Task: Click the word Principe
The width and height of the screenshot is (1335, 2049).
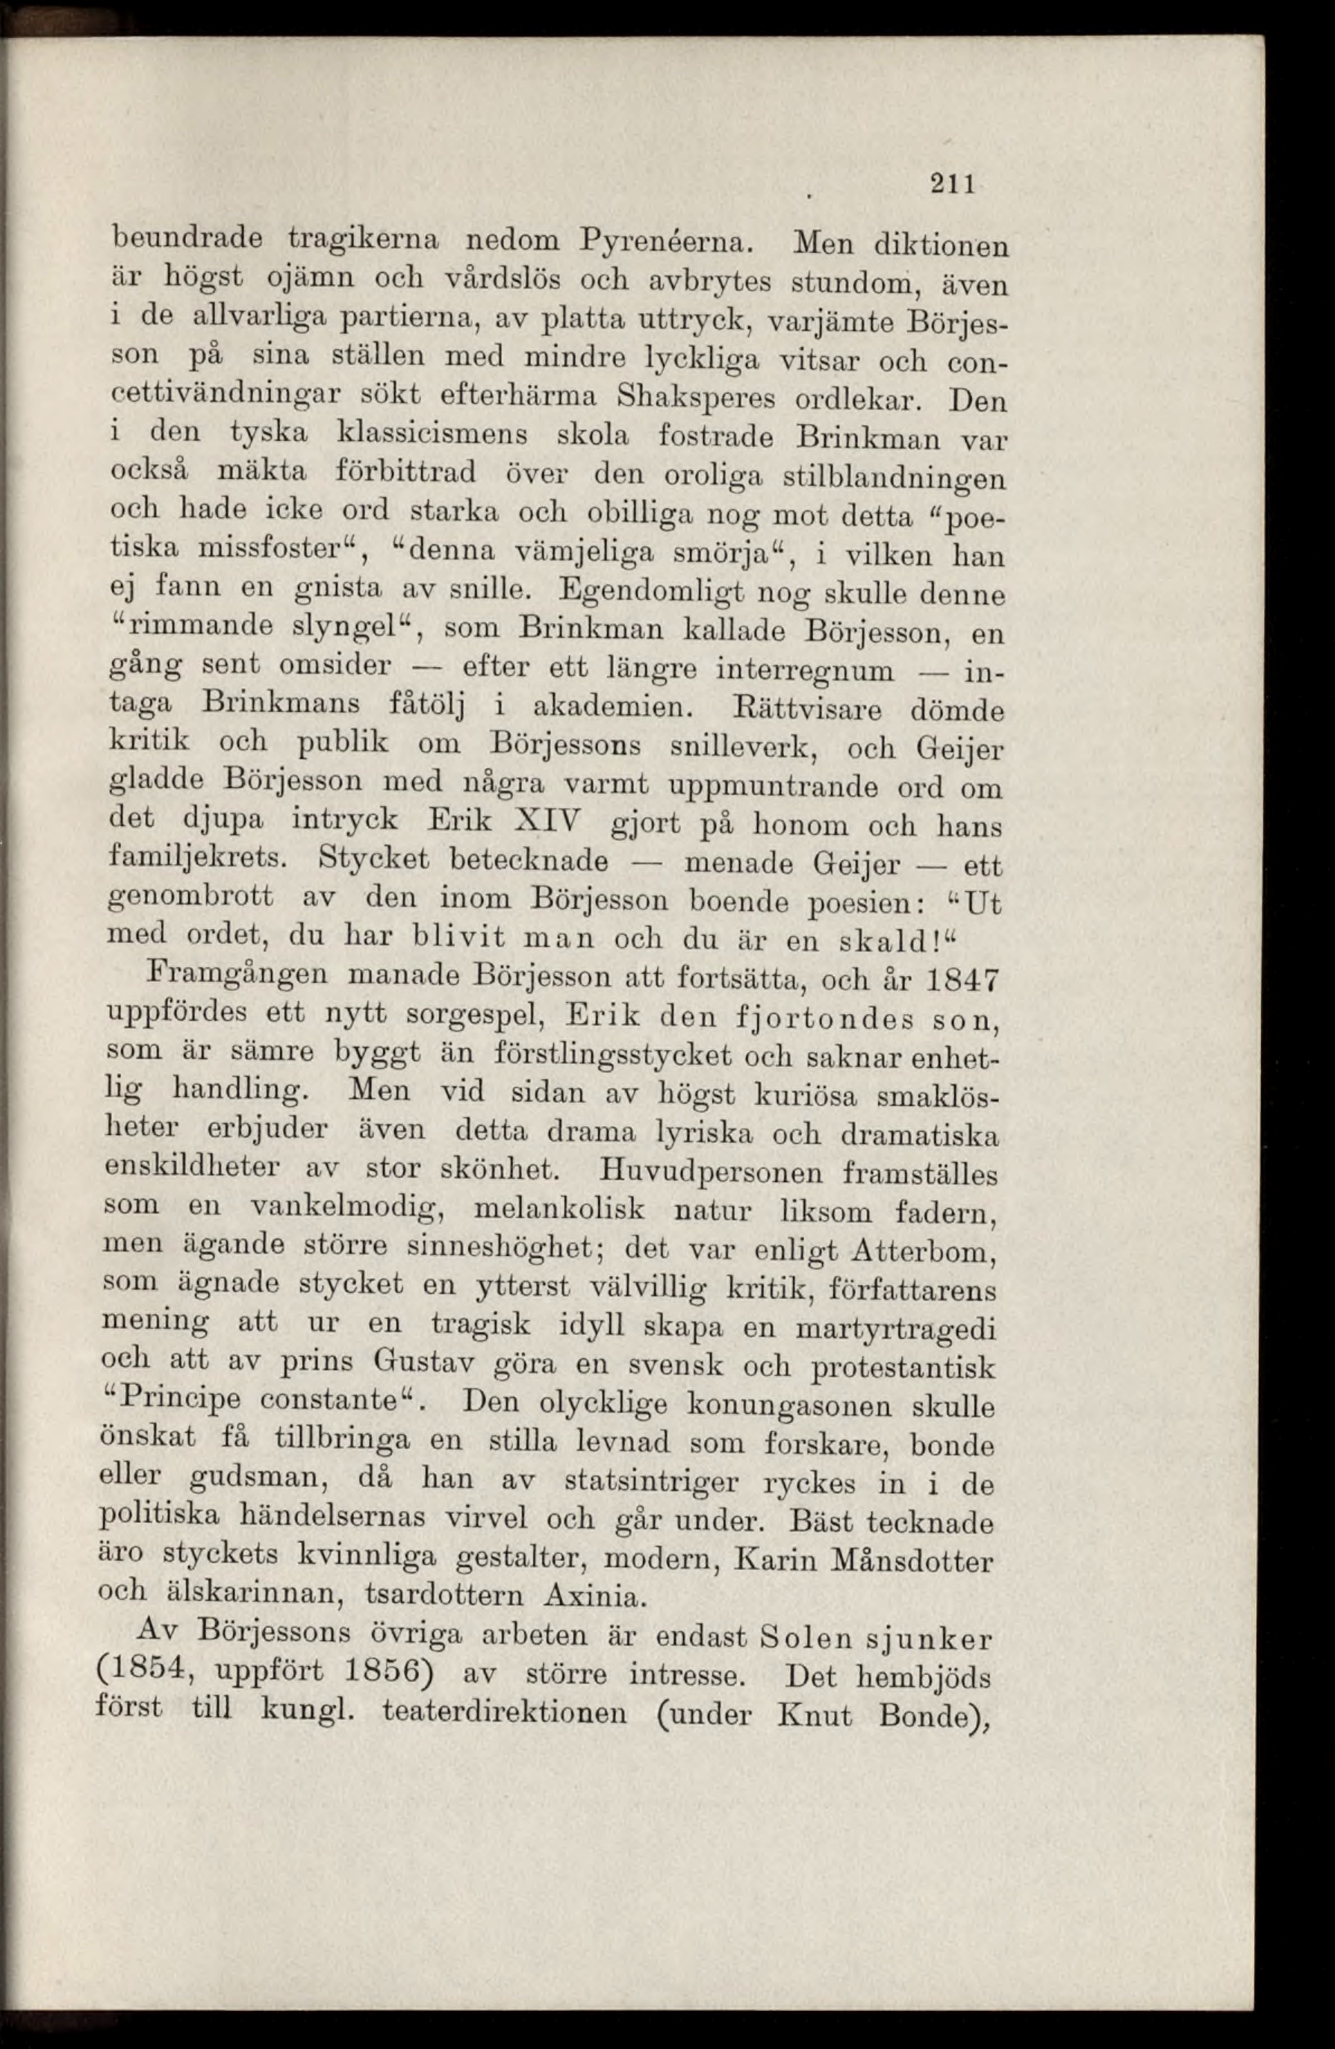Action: coord(181,1404)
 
